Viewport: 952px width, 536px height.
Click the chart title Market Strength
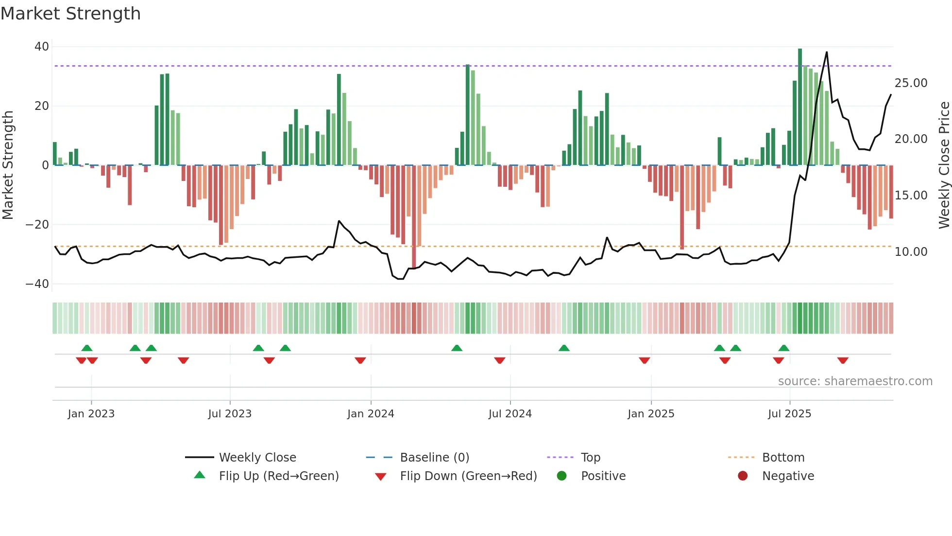coord(70,14)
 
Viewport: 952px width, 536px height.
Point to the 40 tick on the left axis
coord(42,47)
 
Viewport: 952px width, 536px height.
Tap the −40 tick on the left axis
coord(37,284)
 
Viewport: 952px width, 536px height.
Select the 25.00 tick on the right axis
coord(911,83)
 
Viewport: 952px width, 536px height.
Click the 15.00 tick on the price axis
coord(911,196)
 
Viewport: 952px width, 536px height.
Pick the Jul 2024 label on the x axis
coord(510,414)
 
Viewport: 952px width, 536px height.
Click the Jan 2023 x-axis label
coord(91,414)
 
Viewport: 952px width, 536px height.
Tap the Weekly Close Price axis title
coord(944,165)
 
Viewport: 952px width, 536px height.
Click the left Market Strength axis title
coord(8,165)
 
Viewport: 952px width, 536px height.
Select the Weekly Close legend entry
coord(257,458)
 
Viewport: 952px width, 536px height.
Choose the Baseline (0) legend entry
coord(434,458)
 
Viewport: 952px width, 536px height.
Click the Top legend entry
coord(590,458)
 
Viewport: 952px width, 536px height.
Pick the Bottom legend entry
coord(783,458)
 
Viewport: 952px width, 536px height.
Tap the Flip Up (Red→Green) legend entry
coord(278,476)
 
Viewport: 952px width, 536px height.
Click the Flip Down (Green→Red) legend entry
coord(468,476)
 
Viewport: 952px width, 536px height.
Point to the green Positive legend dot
coord(562,476)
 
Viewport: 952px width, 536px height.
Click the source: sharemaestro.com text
coord(855,381)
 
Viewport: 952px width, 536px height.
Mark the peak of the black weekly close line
coord(827,52)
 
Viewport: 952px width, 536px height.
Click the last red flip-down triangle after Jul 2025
coord(843,360)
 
